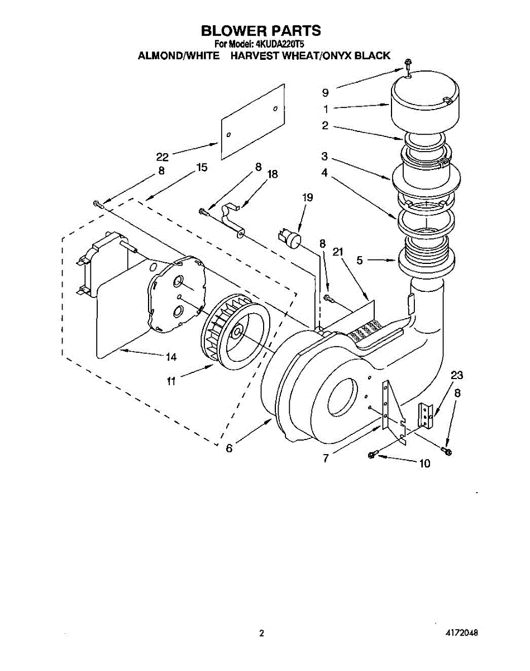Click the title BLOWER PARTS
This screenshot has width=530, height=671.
[261, 30]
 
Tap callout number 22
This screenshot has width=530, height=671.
[162, 157]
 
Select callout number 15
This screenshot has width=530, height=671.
[202, 167]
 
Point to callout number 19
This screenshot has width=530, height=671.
[307, 197]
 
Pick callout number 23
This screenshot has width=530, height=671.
[456, 375]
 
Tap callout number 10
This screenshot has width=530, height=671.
[424, 463]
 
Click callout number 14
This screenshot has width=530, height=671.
[171, 356]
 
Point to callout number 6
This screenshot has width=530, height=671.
[230, 447]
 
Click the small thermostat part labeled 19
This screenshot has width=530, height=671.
[290, 237]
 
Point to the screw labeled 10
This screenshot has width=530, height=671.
[373, 455]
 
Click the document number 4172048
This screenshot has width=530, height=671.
[461, 634]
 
